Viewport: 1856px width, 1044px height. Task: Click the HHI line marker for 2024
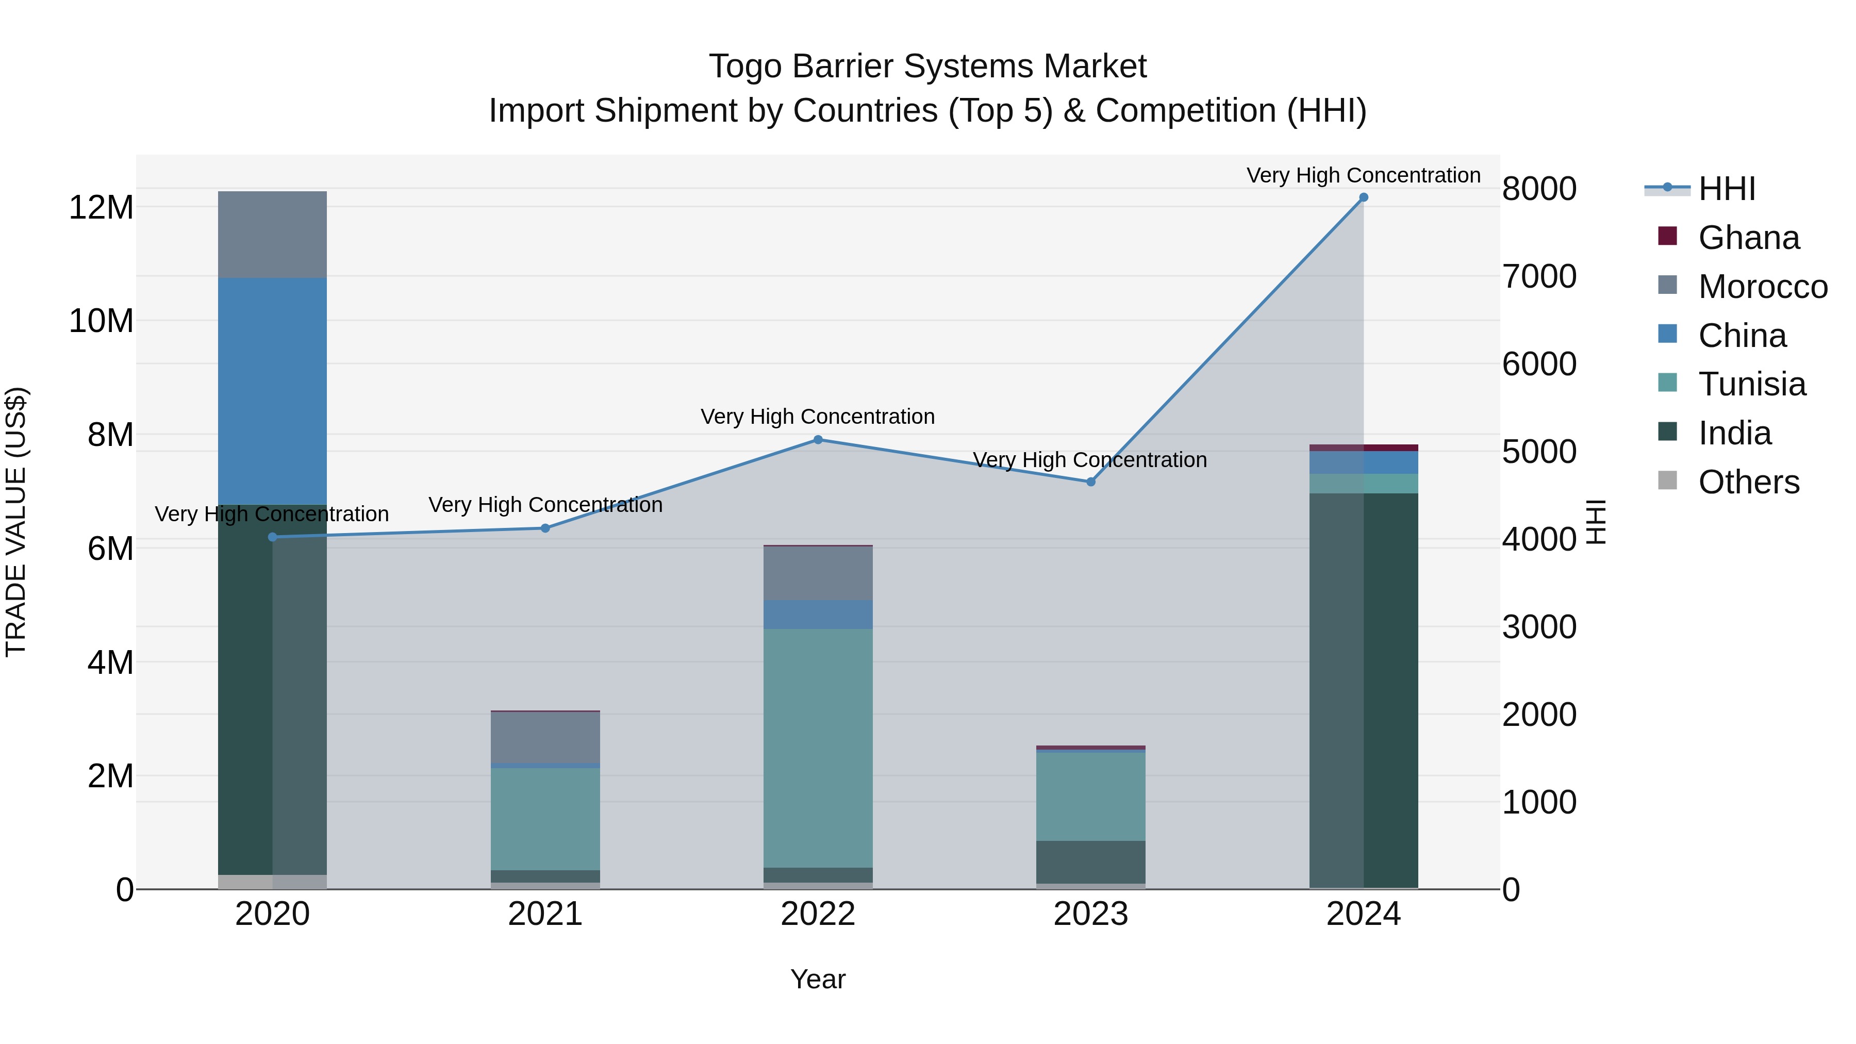point(1363,197)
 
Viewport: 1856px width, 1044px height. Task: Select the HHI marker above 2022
point(818,439)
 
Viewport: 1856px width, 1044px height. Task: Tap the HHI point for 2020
point(272,537)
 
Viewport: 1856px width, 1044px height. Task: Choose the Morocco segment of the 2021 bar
point(545,736)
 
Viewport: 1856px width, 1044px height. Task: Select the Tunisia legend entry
point(1751,384)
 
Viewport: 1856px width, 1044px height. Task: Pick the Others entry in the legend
point(1748,482)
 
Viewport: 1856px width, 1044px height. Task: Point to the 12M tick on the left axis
point(101,207)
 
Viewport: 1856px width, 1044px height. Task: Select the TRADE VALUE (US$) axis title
point(16,522)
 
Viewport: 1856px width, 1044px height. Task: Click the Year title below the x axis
point(818,979)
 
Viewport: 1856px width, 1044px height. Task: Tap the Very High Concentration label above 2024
point(1363,175)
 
